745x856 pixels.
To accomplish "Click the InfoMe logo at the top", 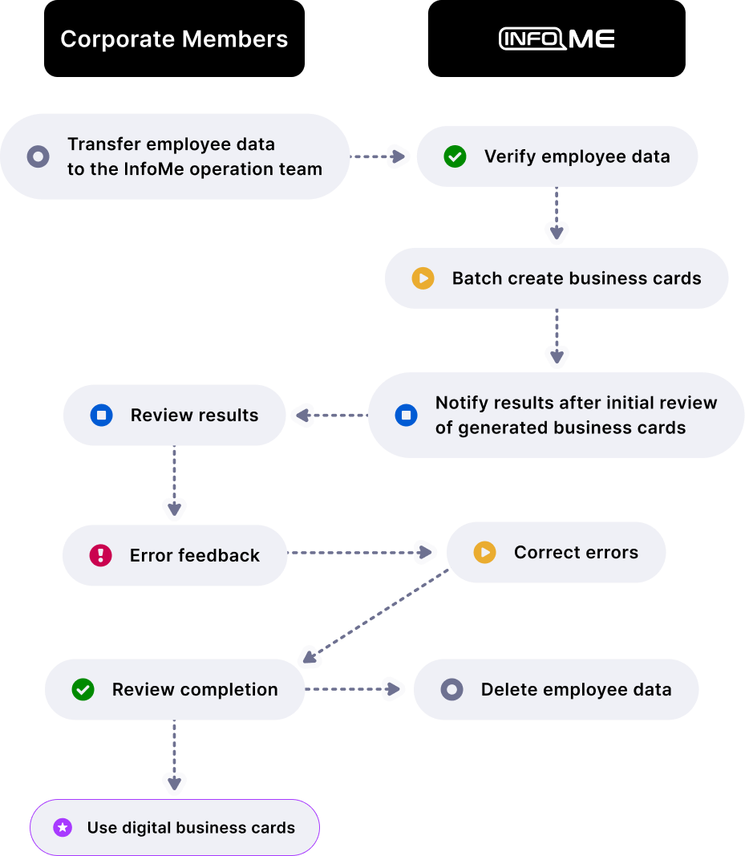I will (557, 39).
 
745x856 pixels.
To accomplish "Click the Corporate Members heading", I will (174, 39).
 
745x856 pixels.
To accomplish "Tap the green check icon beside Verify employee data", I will (455, 156).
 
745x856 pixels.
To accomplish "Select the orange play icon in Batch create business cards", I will (423, 278).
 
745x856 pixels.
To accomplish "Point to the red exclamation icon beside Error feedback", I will (100, 555).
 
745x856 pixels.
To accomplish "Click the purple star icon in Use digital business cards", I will (63, 828).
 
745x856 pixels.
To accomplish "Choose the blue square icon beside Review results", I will (101, 415).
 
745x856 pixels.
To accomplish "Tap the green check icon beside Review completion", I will (83, 689).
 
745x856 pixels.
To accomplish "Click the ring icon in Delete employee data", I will (451, 689).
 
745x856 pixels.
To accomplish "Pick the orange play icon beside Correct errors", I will (484, 553).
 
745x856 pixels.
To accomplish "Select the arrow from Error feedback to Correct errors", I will (361, 552).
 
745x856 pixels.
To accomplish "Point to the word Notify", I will (462, 403).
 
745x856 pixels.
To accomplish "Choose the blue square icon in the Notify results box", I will (406, 415).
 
